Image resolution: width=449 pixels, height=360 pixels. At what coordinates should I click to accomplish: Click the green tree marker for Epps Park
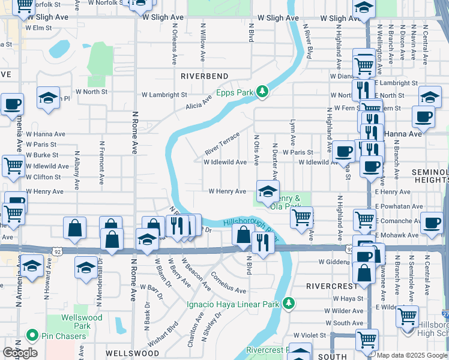coord(262,91)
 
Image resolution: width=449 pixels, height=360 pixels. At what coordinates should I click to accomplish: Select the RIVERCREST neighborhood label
coord(328,286)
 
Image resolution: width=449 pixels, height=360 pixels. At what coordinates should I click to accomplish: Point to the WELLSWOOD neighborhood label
coord(126,354)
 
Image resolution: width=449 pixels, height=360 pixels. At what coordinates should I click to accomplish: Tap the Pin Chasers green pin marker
coord(31,336)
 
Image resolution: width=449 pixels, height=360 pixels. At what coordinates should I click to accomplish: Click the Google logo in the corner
coord(20,353)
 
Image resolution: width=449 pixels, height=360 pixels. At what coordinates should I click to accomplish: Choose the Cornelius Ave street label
coord(228,285)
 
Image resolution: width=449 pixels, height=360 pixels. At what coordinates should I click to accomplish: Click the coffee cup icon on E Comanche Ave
coord(431,223)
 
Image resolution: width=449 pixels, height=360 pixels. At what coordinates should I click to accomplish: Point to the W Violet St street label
coord(309,335)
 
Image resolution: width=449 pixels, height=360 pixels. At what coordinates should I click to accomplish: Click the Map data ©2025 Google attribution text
coord(412,355)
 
